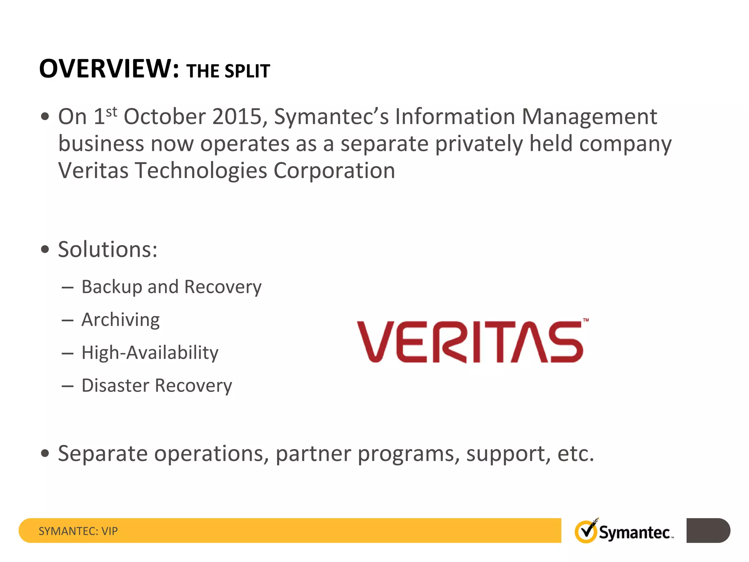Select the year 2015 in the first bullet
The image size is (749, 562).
pos(237,117)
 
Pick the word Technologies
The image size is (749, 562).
pos(201,171)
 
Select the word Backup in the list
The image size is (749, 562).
pos(112,287)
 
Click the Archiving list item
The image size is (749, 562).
pos(120,320)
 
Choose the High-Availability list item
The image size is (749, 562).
pos(150,353)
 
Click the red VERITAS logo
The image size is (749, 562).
pos(470,342)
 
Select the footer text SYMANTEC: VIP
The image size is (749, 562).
pos(78,531)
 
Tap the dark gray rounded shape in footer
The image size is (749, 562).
pos(708,531)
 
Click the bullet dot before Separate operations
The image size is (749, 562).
pos(45,454)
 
